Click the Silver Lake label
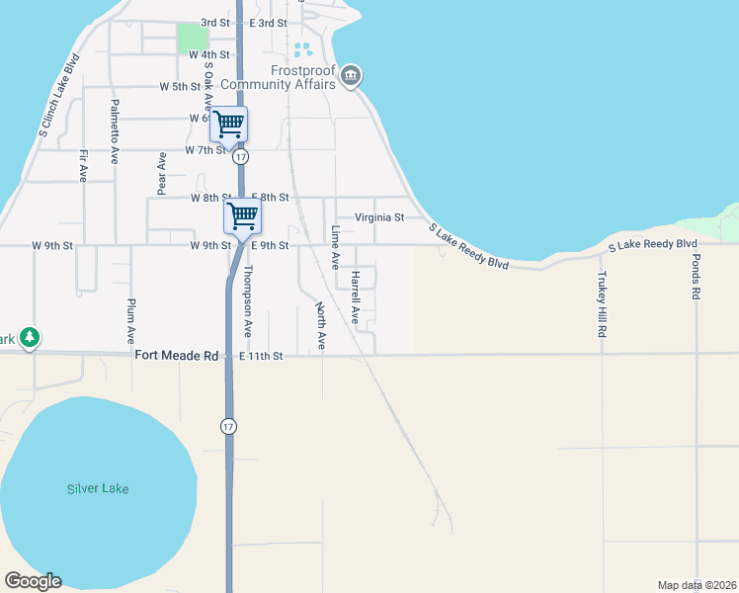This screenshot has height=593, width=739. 98,488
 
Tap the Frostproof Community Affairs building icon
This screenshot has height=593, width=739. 351,75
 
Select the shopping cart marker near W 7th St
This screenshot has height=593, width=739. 228,125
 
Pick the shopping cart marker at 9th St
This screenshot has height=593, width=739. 243,215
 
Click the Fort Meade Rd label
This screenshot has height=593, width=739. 176,355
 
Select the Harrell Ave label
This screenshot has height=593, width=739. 354,298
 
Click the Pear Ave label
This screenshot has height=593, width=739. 160,172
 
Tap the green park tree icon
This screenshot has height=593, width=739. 30,338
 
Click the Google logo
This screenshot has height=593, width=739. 33,581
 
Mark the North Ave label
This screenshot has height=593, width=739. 320,326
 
